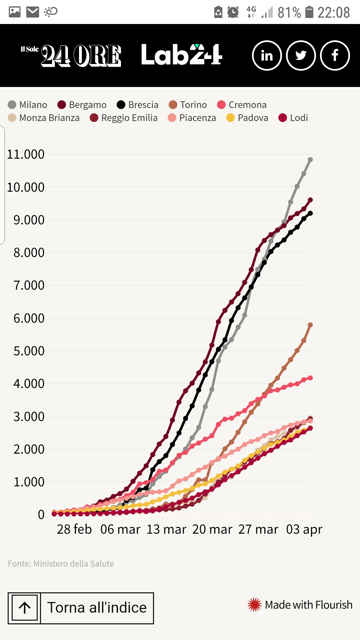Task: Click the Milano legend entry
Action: pyautogui.click(x=28, y=105)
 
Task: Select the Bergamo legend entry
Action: pyautogui.click(x=82, y=105)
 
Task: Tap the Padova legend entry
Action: pyautogui.click(x=247, y=118)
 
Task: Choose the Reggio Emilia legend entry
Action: pyautogui.click(x=124, y=118)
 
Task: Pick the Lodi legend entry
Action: pyautogui.click(x=293, y=118)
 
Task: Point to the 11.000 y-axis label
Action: pyautogui.click(x=26, y=154)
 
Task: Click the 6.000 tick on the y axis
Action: pyautogui.click(x=29, y=318)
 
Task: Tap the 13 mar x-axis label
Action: pyautogui.click(x=166, y=529)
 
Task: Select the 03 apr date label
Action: pyautogui.click(x=304, y=529)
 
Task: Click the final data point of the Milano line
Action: pyautogui.click(x=310, y=160)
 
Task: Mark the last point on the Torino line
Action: pyautogui.click(x=310, y=325)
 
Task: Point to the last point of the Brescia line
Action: pyautogui.click(x=310, y=213)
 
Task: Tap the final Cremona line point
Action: pyautogui.click(x=310, y=378)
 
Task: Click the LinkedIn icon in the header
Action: pyautogui.click(x=267, y=55)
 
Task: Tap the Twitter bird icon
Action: pyautogui.click(x=301, y=55)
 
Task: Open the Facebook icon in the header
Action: pyautogui.click(x=335, y=55)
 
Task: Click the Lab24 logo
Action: pyautogui.click(x=182, y=55)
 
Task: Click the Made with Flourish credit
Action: pyautogui.click(x=300, y=605)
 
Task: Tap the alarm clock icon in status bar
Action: pyautogui.click(x=233, y=12)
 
